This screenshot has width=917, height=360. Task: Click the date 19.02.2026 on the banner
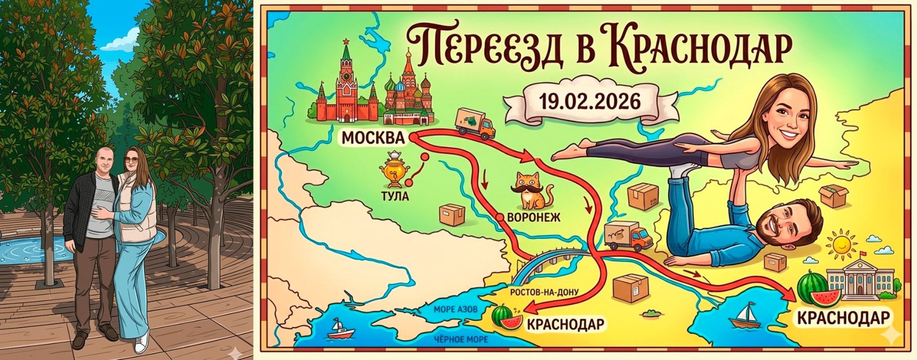[x=589, y=99]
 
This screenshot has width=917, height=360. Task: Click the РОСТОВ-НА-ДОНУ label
[x=545, y=292]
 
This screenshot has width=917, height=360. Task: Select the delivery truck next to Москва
[x=475, y=124]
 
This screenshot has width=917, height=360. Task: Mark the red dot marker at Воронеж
[x=500, y=216]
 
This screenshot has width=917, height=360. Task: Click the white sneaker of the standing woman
[x=141, y=343]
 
